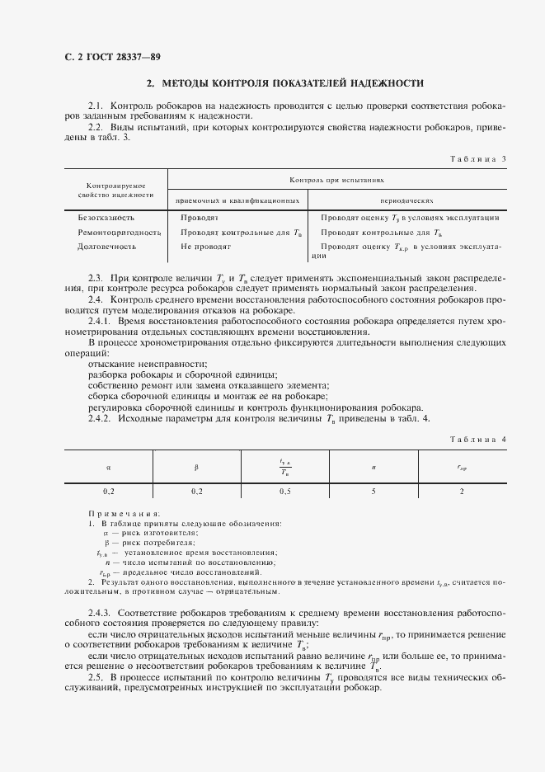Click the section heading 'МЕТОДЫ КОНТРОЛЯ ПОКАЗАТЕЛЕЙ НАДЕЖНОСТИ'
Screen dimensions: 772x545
point(284,83)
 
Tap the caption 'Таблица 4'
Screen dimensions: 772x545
point(477,439)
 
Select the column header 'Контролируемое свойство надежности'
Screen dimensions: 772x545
point(116,191)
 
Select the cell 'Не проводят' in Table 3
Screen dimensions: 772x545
point(205,247)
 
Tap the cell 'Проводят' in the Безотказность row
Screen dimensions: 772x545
point(199,218)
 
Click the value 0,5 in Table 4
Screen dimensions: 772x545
point(284,492)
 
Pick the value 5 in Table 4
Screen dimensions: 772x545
point(374,492)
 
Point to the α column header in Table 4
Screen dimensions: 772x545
point(109,467)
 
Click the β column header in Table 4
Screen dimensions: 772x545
point(196,467)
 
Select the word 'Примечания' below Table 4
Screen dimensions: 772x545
point(124,513)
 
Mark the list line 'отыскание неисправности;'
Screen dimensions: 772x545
point(147,364)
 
